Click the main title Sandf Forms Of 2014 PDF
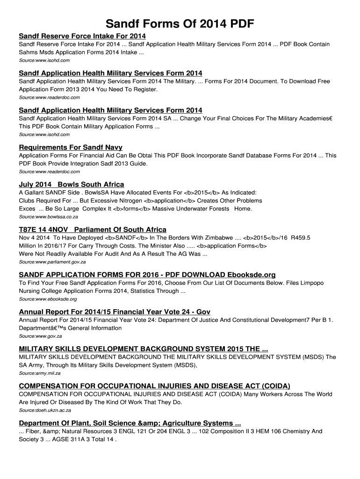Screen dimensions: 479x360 pyautogui.click(x=180, y=24)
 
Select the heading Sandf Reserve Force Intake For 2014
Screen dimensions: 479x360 pyautogui.click(x=82, y=36)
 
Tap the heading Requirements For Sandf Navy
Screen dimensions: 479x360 pyautogui.click(x=71, y=147)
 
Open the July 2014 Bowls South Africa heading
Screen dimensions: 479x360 pyautogui.click(x=72, y=184)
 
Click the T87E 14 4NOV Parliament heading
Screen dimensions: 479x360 pyautogui.click(x=93, y=230)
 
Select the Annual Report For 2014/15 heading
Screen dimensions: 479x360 pyautogui.click(x=115, y=312)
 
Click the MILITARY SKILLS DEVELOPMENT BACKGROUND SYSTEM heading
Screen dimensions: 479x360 pyautogui.click(x=144, y=349)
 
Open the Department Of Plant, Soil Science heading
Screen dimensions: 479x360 pyautogui.click(x=130, y=423)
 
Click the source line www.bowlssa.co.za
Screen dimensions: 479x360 pyautogui.click(x=48, y=217)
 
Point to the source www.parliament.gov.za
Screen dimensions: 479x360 pyautogui.click(x=52, y=262)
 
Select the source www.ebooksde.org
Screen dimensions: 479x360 pyautogui.click(x=48, y=299)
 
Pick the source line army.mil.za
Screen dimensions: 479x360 pyautogui.click(x=40, y=373)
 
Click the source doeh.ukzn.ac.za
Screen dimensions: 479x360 pyautogui.click(x=45, y=410)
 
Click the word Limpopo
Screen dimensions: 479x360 pyautogui.click(x=309, y=283)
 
